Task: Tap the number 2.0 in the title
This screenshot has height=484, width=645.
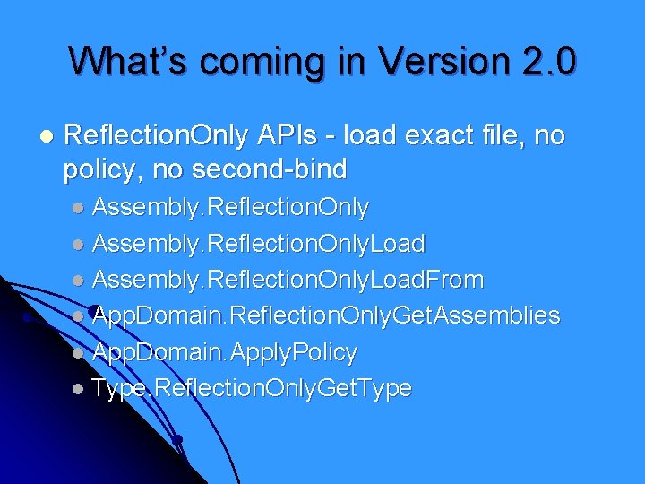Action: [x=547, y=61]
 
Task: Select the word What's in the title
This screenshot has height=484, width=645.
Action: [x=130, y=61]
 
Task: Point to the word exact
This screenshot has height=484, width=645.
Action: [x=440, y=135]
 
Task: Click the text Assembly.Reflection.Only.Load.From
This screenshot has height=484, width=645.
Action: [x=288, y=280]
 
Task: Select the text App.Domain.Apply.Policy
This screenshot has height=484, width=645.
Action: [x=225, y=352]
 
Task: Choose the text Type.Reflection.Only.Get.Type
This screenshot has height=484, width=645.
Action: [x=252, y=388]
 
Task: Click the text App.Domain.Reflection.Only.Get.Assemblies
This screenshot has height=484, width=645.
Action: [x=326, y=315]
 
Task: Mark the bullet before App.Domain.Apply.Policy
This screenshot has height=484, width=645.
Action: [x=80, y=353]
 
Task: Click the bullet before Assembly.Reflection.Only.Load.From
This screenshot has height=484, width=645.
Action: [x=80, y=281]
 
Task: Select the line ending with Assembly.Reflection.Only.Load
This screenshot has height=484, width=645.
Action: [x=259, y=243]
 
